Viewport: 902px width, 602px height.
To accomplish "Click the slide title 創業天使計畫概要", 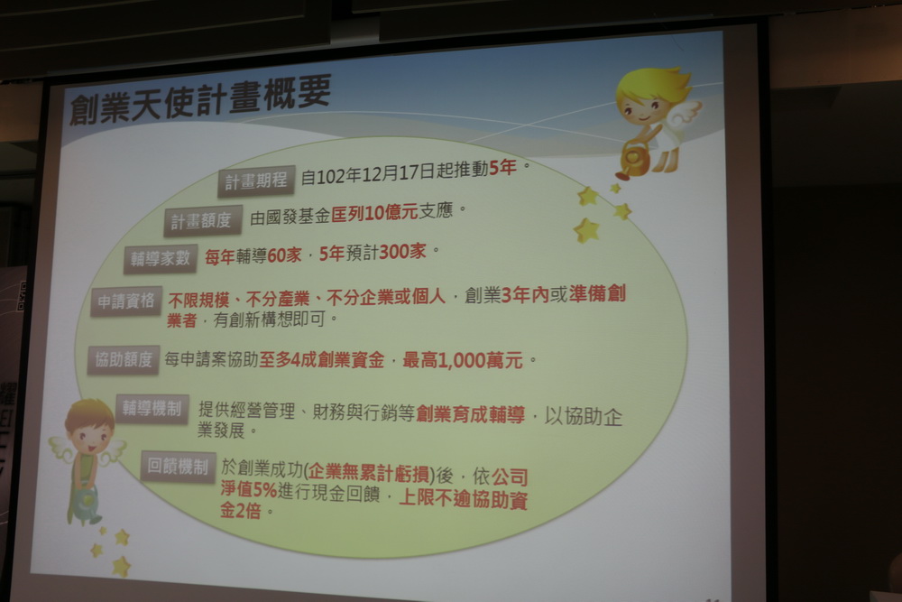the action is point(199,99).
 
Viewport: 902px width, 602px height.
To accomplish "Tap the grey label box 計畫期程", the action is point(256,181).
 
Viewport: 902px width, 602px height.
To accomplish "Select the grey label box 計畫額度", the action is point(201,220).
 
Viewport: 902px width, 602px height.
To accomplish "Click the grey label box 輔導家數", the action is point(160,258).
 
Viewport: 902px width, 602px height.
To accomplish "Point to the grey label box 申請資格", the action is point(126,301).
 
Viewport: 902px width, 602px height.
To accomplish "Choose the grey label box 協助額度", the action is point(123,360).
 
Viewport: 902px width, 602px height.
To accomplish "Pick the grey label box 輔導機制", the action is point(152,409).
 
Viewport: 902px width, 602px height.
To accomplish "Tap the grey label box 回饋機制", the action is point(178,467).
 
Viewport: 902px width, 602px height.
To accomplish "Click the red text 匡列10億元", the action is point(374,213).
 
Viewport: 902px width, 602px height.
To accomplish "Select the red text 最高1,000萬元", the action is point(463,361).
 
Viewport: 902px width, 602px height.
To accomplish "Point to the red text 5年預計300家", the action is point(373,253).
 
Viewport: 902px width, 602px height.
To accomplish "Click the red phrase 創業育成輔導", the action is point(470,413).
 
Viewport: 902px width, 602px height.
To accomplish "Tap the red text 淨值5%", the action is point(249,490).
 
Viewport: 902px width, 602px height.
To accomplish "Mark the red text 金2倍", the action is point(241,511).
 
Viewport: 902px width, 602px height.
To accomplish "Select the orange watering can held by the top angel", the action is point(632,161).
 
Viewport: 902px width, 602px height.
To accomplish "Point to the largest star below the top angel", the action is point(586,230).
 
